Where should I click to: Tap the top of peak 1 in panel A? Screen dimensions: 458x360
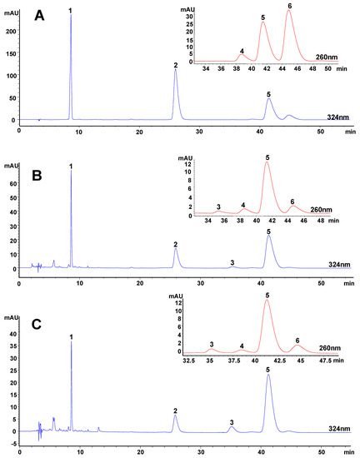pos(71,16)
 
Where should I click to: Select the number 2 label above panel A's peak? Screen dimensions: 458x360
pos(175,65)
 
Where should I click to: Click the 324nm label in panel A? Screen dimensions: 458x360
pos(339,120)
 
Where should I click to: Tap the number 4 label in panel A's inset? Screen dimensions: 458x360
pos(242,52)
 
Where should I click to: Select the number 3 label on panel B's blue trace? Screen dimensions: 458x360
pos(232,261)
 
